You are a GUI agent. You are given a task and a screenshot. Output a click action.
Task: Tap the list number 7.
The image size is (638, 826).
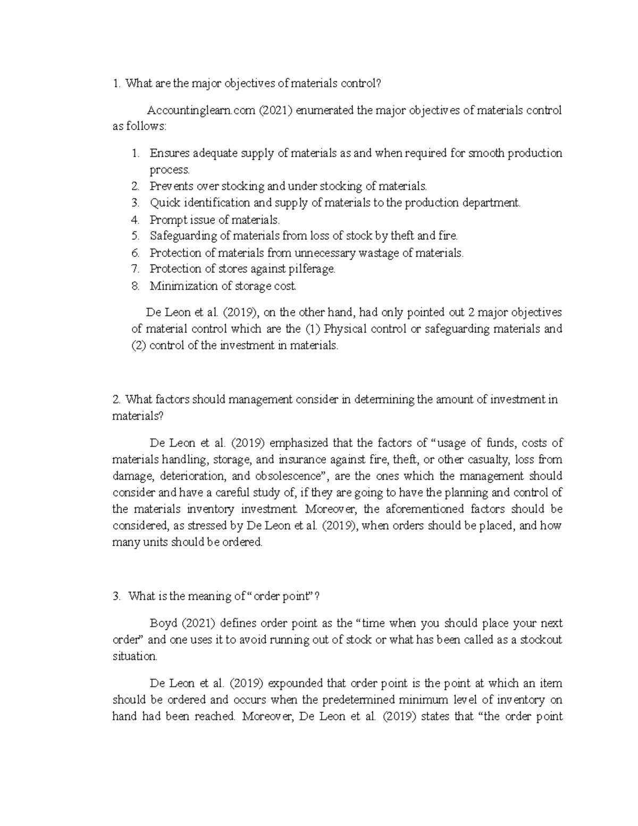pos(135,269)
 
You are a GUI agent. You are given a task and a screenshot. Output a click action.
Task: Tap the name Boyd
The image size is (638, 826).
pos(163,623)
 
